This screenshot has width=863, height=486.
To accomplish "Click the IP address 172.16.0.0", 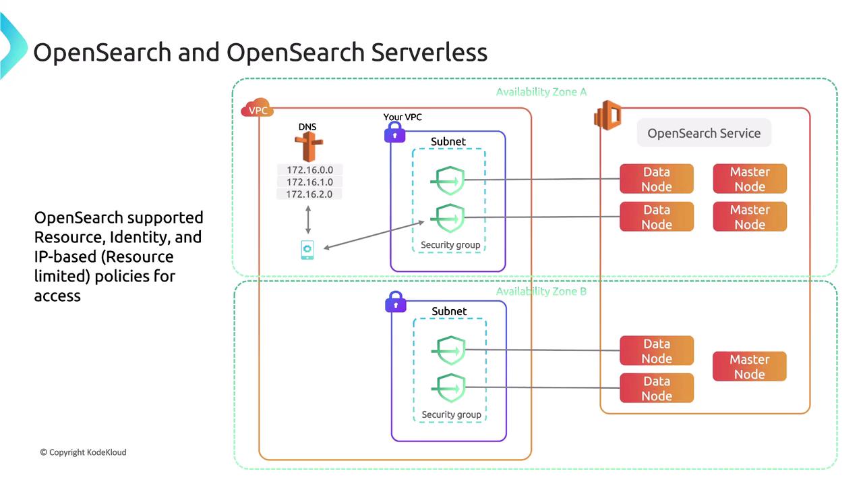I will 309,170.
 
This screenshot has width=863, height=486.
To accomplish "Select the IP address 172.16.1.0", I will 309,182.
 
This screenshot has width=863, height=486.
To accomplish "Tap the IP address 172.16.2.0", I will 309,194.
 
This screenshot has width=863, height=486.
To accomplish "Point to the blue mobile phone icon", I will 307,249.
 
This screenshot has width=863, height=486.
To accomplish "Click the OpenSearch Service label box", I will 704,133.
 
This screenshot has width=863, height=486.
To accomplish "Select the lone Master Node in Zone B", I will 750,367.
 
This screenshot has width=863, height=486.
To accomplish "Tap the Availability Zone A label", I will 541,92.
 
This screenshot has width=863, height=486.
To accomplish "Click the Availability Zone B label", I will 541,292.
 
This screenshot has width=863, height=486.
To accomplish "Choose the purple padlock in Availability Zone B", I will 395,302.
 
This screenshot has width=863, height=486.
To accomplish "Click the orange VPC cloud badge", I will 257,110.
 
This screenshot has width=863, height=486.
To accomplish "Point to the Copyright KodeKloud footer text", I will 83,452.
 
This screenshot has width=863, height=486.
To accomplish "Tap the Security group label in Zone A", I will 450,244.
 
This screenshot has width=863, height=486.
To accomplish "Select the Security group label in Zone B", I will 451,414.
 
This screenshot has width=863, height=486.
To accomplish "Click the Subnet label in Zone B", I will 449,311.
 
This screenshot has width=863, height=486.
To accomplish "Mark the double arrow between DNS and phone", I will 308,221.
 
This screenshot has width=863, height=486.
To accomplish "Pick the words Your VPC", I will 403,117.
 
